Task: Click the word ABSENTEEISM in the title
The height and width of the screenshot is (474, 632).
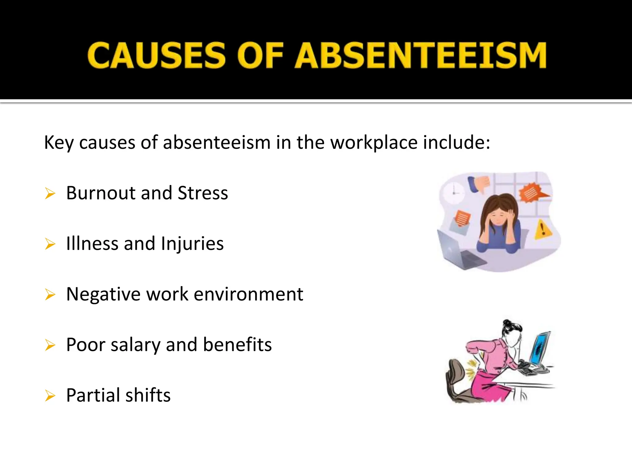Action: pos(421,56)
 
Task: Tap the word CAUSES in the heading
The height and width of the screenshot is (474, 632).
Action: pos(157,56)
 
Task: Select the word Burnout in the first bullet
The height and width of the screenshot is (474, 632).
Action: pos(101,193)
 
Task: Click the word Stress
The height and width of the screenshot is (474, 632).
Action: pos(203,193)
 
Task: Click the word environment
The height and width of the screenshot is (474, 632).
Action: pos(248,294)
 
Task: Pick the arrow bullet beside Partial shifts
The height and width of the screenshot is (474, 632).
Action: pos(50,396)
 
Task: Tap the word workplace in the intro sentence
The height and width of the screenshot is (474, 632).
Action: pos(374,143)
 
